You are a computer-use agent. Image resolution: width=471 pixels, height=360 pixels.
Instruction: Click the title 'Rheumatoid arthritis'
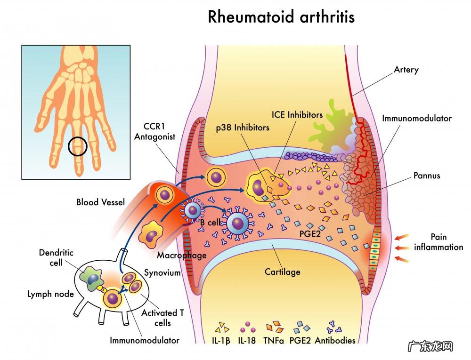[x=281, y=17]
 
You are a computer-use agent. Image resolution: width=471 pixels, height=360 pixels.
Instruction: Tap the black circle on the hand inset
[x=78, y=146]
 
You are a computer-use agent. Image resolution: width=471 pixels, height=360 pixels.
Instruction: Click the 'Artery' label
[x=406, y=70]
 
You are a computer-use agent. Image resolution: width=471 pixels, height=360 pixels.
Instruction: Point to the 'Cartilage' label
[x=282, y=272]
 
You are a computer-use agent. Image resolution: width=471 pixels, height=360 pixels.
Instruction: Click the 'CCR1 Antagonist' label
[x=154, y=132]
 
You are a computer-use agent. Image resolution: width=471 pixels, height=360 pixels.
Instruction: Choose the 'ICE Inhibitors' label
[x=297, y=114]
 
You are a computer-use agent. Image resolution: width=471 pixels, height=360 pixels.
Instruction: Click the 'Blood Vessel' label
[x=100, y=202]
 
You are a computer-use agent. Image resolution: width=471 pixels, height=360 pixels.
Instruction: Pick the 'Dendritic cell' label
[x=56, y=257]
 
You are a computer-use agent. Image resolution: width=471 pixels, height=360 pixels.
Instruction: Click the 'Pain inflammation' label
[x=438, y=242]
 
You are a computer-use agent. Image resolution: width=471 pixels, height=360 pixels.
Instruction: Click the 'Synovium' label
[x=162, y=273]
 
